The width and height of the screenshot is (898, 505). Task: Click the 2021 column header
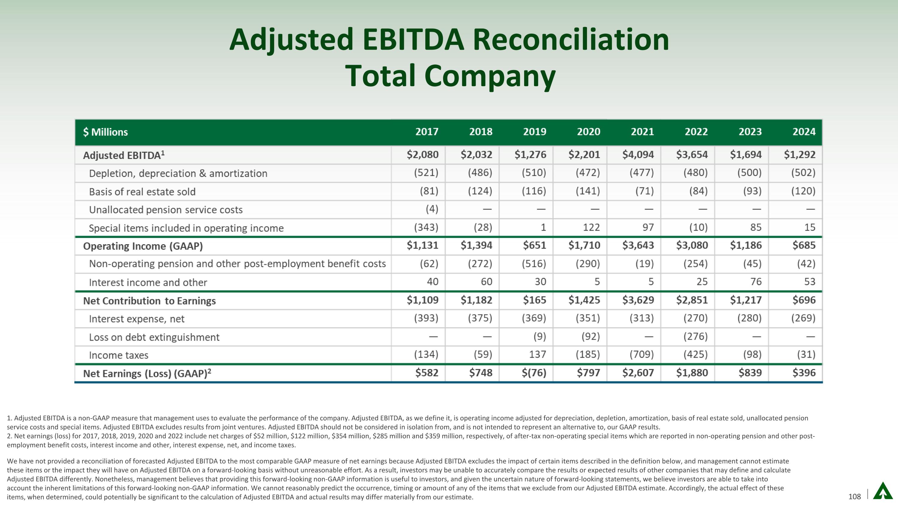pyautogui.click(x=642, y=132)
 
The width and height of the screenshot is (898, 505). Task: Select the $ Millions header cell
pyautogui.click(x=105, y=132)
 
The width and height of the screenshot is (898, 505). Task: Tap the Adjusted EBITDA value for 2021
pyautogui.click(x=638, y=155)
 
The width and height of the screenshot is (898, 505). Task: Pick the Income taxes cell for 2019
pyautogui.click(x=537, y=354)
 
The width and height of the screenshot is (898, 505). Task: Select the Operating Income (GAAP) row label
pyautogui.click(x=143, y=246)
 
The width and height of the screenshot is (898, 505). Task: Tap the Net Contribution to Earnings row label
pyautogui.click(x=149, y=301)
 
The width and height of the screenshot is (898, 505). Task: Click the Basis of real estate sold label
pyautogui.click(x=142, y=192)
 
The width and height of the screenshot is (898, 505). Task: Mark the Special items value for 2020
pyautogui.click(x=591, y=228)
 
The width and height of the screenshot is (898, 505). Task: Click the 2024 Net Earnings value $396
pyautogui.click(x=804, y=373)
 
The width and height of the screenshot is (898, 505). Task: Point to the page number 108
pyautogui.click(x=854, y=496)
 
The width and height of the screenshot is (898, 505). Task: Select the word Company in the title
pyautogui.click(x=490, y=76)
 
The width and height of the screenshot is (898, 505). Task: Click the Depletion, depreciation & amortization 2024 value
pyautogui.click(x=803, y=173)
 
